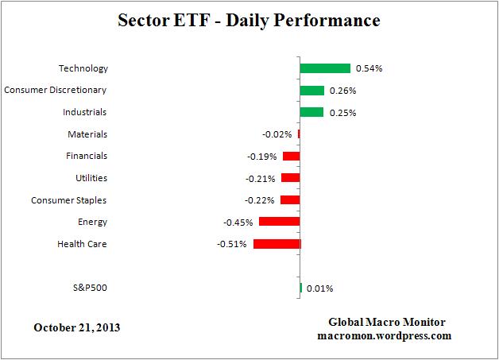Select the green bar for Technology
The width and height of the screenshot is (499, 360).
(325, 68)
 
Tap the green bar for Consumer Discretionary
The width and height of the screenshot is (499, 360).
(312, 91)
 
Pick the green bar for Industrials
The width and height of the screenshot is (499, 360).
(311, 112)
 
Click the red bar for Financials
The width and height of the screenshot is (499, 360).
(291, 156)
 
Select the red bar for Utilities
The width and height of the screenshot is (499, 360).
(290, 178)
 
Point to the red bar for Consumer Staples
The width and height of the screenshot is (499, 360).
(290, 200)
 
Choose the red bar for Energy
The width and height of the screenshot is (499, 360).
(279, 222)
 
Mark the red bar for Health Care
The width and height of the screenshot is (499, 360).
(277, 244)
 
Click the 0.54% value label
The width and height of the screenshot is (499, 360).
(369, 68)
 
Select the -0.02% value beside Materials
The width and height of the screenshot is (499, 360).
(276, 134)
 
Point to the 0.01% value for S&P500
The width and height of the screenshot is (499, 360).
(320, 288)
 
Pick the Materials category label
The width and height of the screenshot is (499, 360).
(87, 134)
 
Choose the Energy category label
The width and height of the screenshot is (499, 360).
(92, 222)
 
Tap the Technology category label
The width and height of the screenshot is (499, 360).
(83, 68)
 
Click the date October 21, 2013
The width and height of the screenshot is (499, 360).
(77, 327)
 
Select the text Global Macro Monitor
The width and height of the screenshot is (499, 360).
(387, 322)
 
